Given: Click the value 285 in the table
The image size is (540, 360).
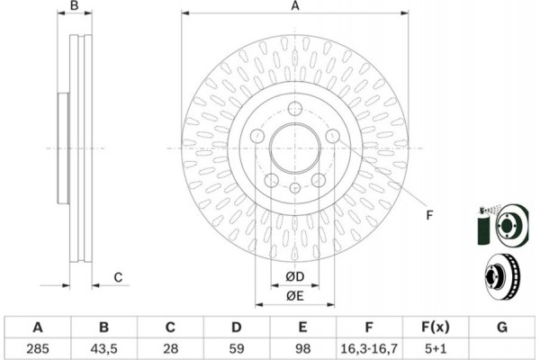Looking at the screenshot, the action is pos(38,348).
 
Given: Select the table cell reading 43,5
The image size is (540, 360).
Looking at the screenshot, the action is pos(103,348).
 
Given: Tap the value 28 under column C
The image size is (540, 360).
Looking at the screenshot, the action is pos(170,348).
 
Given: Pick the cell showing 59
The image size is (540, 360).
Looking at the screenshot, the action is pos(236,348).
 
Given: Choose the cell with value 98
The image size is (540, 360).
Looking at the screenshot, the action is pos(302,348).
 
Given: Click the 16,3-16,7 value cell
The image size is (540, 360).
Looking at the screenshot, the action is pos(369,348).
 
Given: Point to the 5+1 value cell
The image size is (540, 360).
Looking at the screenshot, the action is pos(436,348).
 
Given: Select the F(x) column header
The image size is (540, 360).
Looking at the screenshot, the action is pos(436,327).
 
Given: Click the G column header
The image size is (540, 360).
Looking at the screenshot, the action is pos(502,327).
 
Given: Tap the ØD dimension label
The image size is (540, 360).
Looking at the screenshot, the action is pos(295,276).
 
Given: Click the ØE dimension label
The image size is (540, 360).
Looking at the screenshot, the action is pos(295,295).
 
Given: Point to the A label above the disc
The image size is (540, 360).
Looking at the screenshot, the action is pos(295,5).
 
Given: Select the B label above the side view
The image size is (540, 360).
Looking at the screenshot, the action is pos(75,5).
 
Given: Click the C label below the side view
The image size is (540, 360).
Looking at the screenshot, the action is pos(118,277).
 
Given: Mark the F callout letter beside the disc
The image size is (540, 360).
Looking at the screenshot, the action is pos(429,215).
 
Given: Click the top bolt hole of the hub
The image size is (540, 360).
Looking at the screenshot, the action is pos(295,109).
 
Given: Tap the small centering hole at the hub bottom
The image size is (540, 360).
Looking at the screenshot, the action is pos(295,188).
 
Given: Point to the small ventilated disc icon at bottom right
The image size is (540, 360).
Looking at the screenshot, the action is pos(502,277).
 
